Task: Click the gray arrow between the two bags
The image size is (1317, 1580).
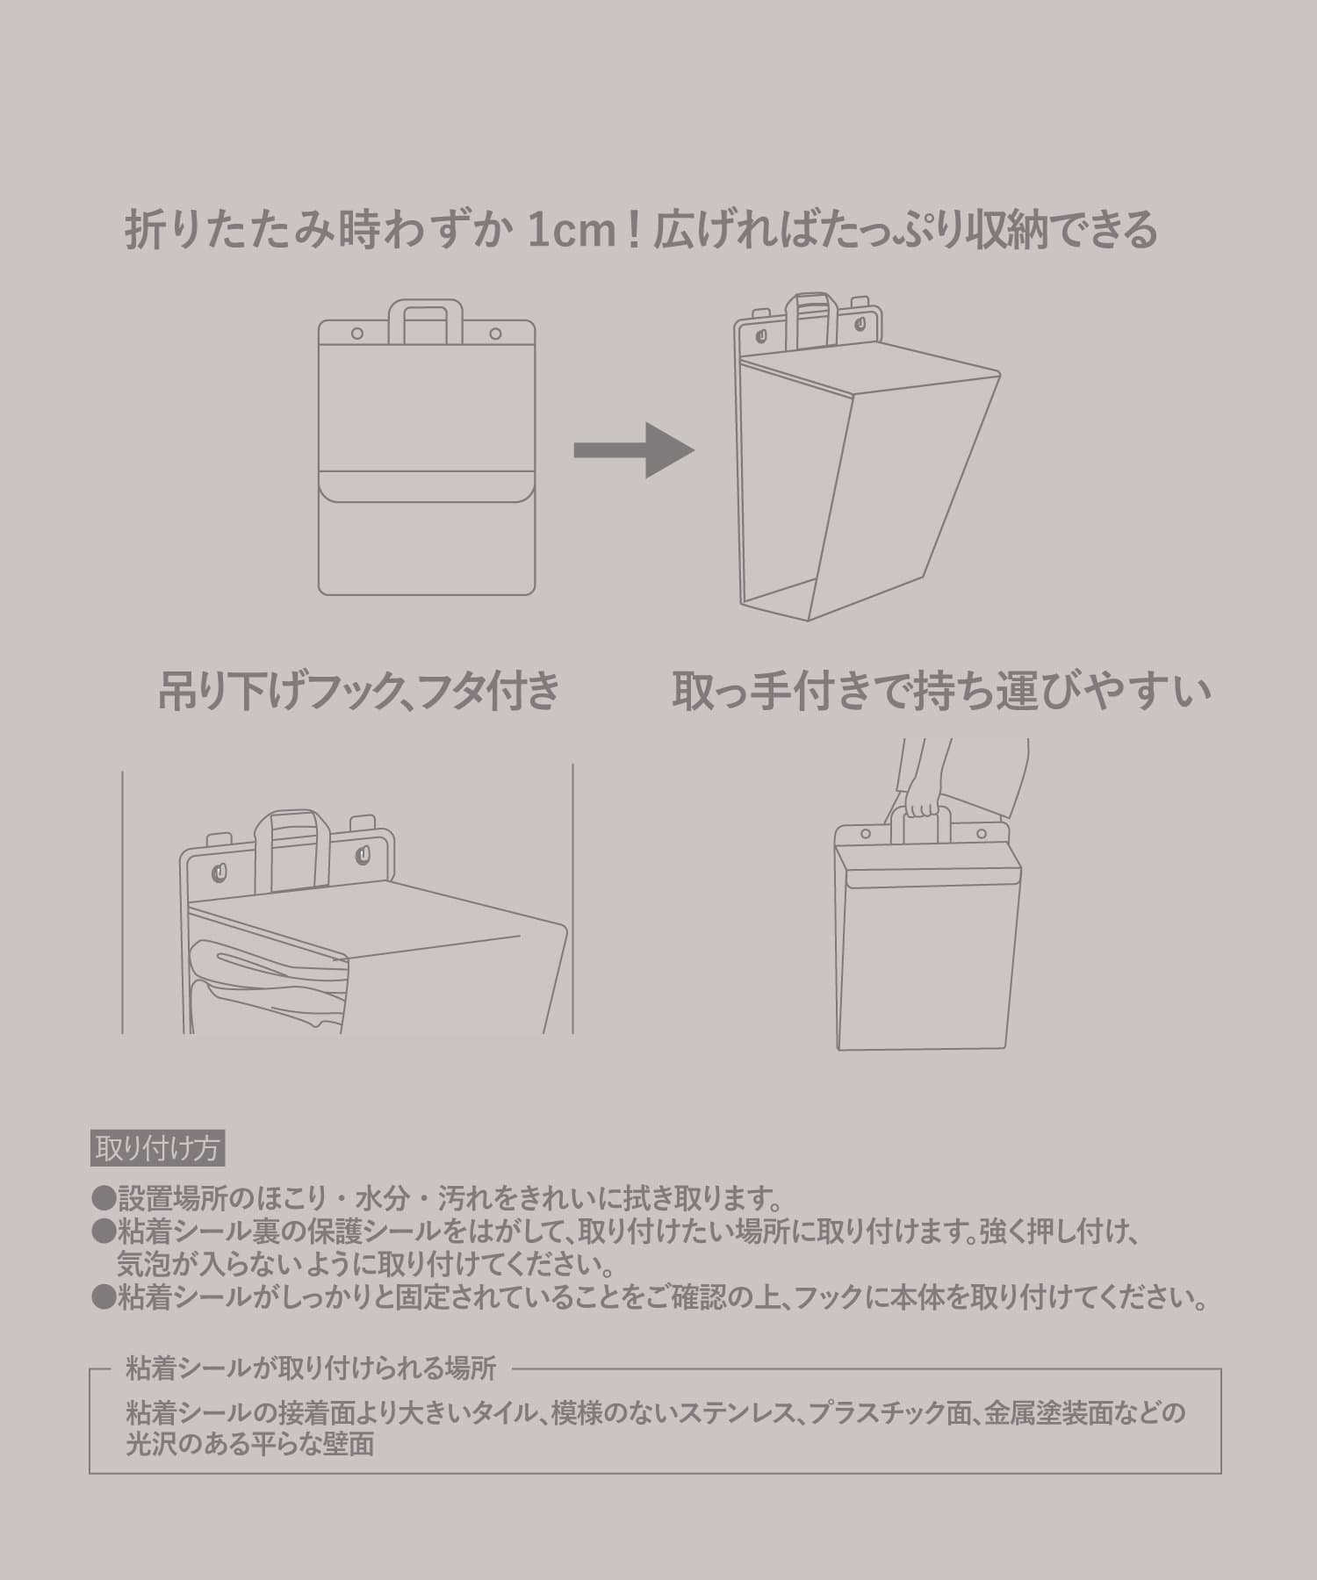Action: (634, 450)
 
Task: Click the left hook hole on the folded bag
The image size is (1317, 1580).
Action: (356, 334)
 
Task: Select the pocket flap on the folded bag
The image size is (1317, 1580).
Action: (427, 486)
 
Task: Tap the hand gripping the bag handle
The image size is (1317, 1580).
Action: (920, 803)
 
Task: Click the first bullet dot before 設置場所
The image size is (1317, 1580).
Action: (104, 1196)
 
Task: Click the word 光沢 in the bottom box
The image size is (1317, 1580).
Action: (151, 1444)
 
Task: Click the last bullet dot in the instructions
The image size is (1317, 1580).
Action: (104, 1297)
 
